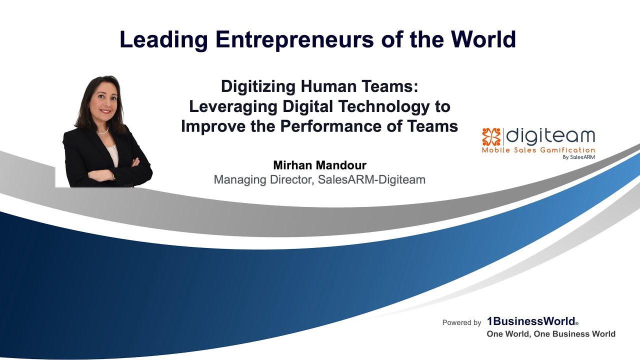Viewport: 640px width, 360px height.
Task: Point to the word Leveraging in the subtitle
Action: [x=233, y=106]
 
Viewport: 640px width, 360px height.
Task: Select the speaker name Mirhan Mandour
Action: [x=319, y=165]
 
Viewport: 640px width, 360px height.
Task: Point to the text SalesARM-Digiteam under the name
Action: [x=371, y=179]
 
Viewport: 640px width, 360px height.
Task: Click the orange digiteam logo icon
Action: [x=491, y=136]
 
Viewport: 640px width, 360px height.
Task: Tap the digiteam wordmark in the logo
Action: [x=551, y=136]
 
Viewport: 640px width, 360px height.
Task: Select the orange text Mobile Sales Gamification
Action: [x=538, y=150]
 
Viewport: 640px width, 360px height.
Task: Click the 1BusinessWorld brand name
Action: [x=531, y=322]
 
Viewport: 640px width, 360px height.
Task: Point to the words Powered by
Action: [x=461, y=323]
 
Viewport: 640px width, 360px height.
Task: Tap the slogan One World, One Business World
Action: [x=551, y=334]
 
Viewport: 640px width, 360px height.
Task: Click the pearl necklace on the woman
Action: [x=102, y=132]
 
